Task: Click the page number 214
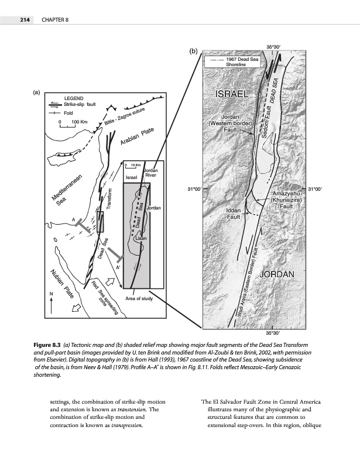coord(18,20)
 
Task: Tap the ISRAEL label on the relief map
coord(233,94)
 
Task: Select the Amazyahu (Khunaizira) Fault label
coord(286,199)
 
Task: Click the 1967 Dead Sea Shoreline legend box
coord(231,63)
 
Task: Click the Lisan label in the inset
coord(140,239)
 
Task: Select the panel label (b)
coord(194,51)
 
